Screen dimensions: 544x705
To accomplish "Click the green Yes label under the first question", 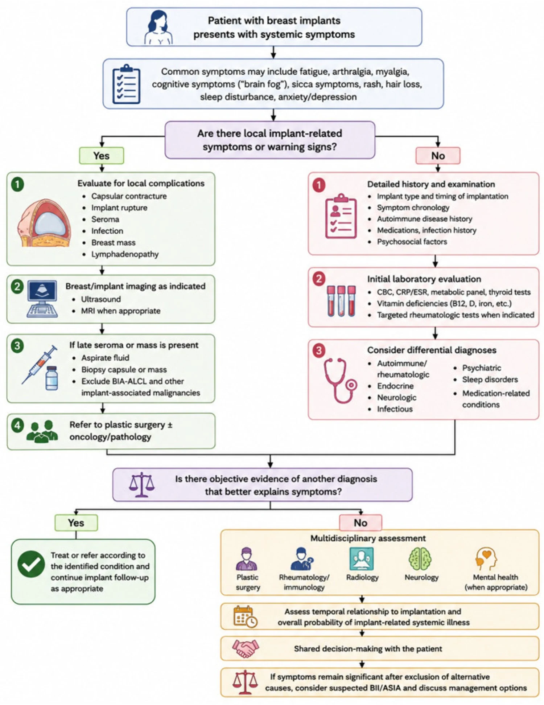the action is click(x=102, y=156).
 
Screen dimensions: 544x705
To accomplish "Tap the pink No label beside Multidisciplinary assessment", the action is click(x=360, y=523).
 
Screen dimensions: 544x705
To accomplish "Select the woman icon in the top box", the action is click(x=158, y=27).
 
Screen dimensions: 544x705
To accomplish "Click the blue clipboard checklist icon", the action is click(x=126, y=84).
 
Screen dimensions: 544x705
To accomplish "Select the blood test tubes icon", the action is click(x=341, y=301).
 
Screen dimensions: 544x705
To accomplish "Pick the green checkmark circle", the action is click(x=31, y=564).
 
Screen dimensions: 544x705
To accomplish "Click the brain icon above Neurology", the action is click(x=420, y=558).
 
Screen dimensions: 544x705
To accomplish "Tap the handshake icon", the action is click(x=246, y=648).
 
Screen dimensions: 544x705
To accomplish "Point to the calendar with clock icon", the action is click(x=245, y=616).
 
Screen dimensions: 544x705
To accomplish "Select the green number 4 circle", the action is click(x=17, y=425).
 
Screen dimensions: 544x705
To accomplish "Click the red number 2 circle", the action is click(x=319, y=279).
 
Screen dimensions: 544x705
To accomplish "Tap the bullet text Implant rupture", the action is click(x=119, y=208).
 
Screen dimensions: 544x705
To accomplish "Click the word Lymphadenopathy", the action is click(x=125, y=254).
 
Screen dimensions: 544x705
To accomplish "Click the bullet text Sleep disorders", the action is click(x=490, y=380).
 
